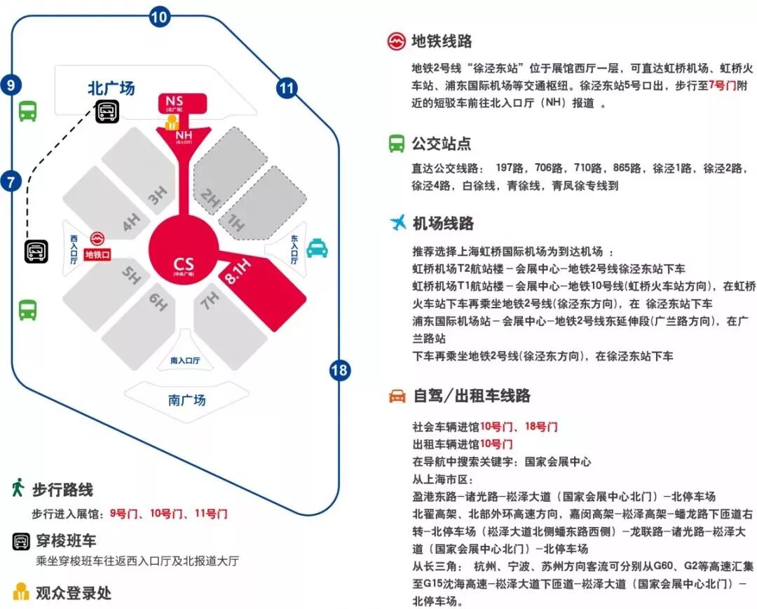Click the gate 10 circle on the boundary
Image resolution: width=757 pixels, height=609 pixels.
pyautogui.click(x=160, y=18)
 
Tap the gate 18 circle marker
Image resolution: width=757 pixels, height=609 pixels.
pyautogui.click(x=339, y=370)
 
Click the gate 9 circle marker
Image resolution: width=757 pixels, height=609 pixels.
pyautogui.click(x=11, y=85)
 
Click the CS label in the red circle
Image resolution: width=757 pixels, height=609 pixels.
pyautogui.click(x=184, y=264)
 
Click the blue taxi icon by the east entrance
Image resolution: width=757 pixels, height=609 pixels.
pyautogui.click(x=317, y=247)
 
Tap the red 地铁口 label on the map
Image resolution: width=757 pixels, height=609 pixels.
pyautogui.click(x=97, y=255)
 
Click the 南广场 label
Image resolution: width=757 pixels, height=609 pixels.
pyautogui.click(x=186, y=400)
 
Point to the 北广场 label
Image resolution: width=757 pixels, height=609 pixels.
pyautogui.click(x=111, y=89)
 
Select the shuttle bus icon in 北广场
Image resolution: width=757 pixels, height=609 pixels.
pyautogui.click(x=107, y=111)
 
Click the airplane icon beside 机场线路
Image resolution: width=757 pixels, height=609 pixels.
pyautogui.click(x=397, y=223)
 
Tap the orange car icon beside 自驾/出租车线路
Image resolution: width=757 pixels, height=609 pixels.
pyautogui.click(x=397, y=396)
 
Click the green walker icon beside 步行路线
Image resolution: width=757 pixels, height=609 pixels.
pyautogui.click(x=18, y=488)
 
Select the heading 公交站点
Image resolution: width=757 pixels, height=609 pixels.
pyautogui.click(x=441, y=144)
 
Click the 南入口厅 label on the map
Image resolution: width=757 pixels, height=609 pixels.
pyautogui.click(x=185, y=361)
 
